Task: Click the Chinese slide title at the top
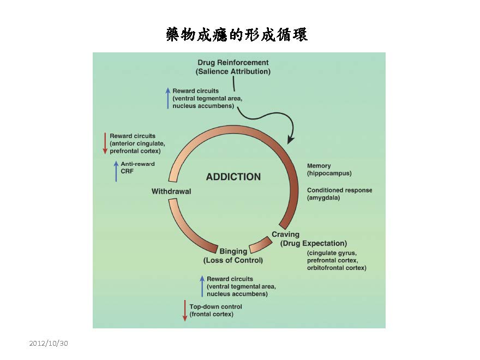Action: pos(237,35)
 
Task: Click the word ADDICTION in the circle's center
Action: pos(233,177)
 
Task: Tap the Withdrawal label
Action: pos(171,191)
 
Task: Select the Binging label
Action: pos(233,251)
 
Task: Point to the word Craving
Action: pos(285,235)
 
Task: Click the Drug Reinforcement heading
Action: pos(233,63)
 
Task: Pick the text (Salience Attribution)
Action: pos(233,71)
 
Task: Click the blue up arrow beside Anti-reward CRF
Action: pos(116,170)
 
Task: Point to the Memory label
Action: pos(319,166)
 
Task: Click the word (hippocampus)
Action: pos(329,173)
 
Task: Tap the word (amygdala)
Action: pos(323,198)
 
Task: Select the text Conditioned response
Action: pos(339,190)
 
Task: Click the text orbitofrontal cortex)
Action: pos(337,268)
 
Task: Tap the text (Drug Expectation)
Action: pos(314,243)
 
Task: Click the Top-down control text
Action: pos(215,307)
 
